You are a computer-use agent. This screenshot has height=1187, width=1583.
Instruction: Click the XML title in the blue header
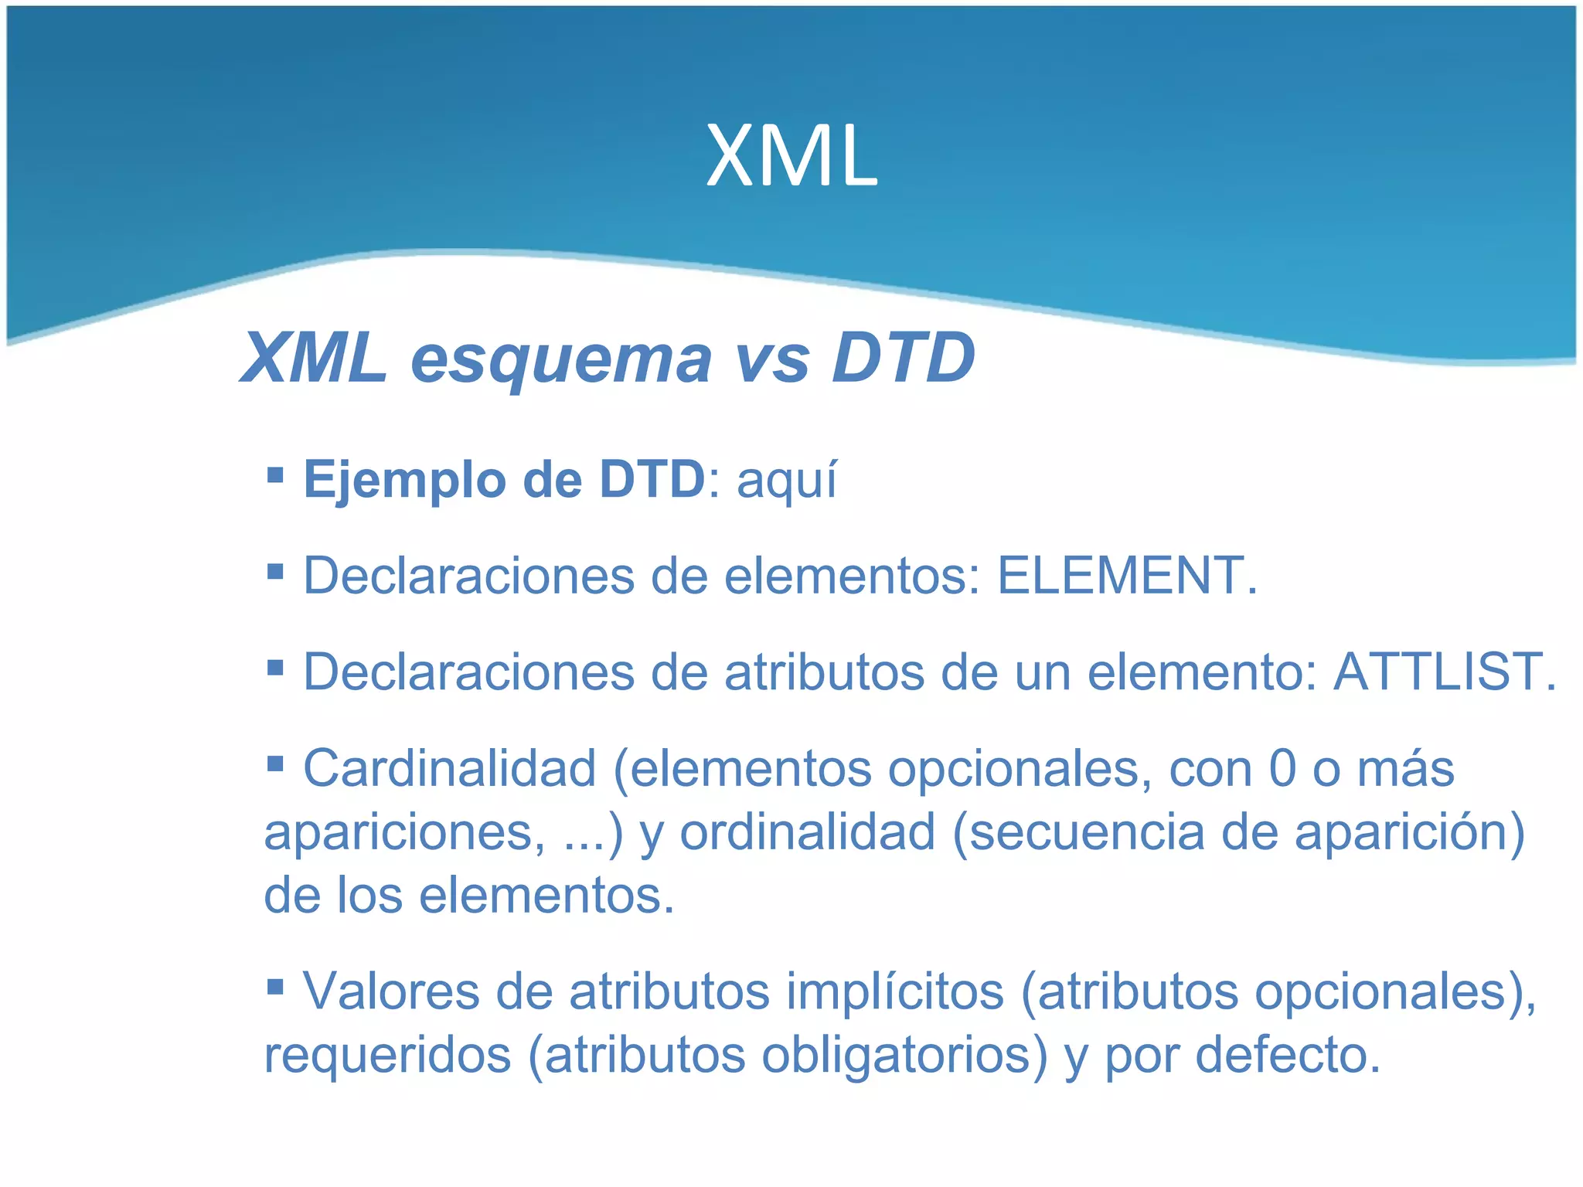pos(791,157)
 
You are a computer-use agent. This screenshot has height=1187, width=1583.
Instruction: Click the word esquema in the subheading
pos(560,358)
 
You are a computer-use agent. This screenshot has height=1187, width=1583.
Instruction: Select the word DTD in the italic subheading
pos(903,358)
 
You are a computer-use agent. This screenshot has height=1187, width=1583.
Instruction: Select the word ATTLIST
pos(1444,672)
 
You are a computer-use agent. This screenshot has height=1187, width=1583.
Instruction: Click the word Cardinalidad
pos(449,768)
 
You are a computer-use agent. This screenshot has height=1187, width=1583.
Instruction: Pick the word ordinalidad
pos(807,832)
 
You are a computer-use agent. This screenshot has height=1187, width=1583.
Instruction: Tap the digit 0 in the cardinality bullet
pos(1282,768)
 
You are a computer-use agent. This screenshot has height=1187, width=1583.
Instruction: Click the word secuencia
pos(1086,832)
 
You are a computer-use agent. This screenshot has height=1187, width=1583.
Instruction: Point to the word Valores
pos(392,991)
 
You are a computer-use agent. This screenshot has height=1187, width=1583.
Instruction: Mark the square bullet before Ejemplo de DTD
pos(274,473)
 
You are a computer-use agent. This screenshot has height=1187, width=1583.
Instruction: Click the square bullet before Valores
pos(274,985)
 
